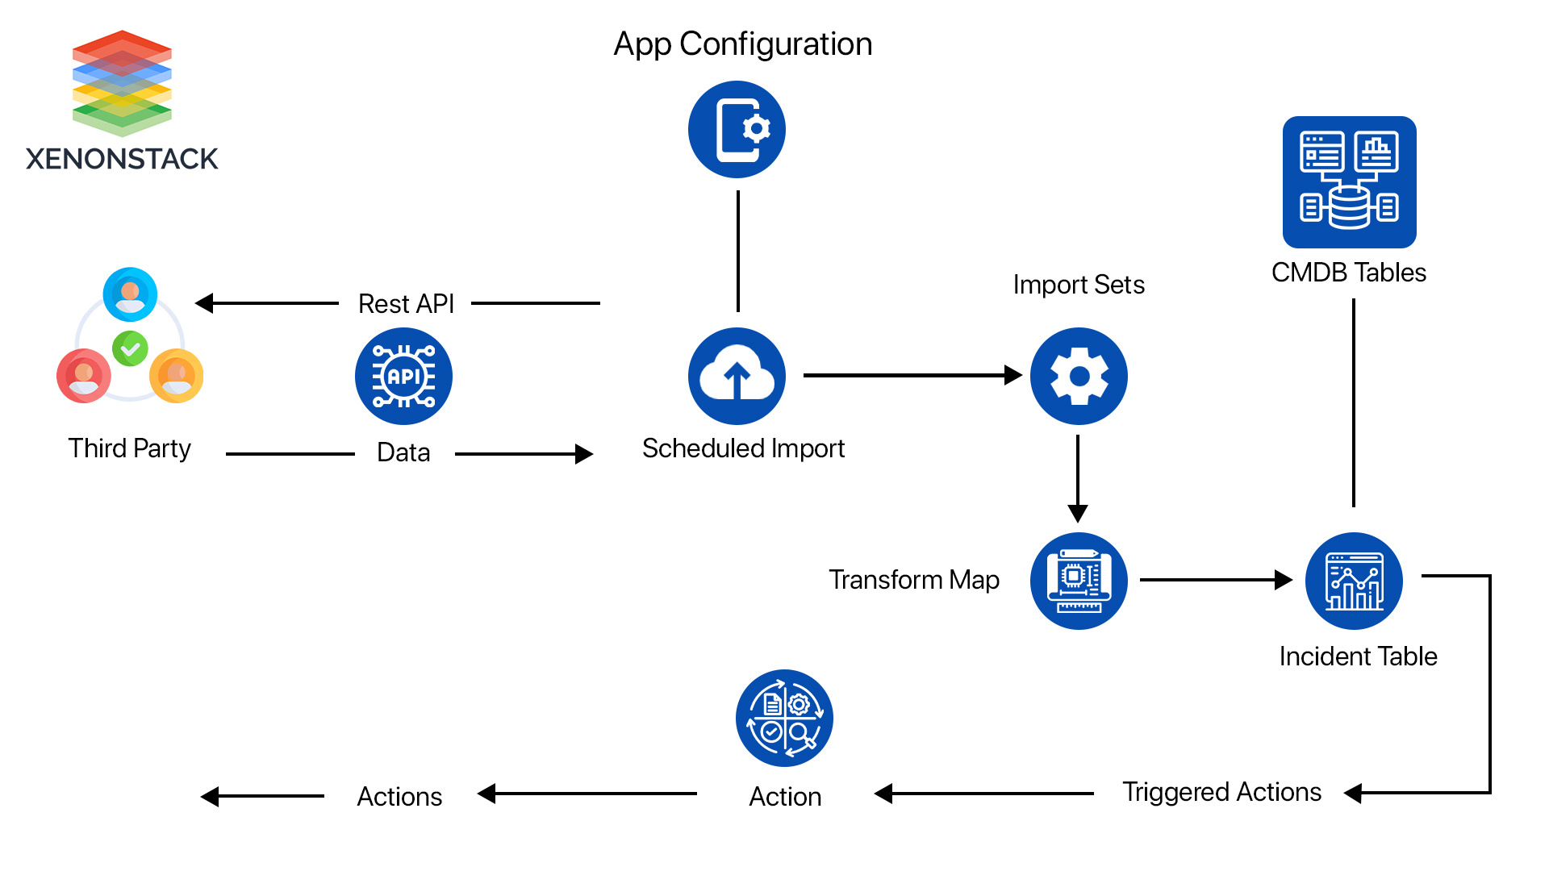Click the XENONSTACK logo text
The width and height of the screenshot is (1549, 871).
click(122, 159)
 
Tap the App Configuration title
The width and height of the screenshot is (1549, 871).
click(742, 44)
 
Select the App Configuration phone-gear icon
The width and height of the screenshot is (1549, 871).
click(737, 129)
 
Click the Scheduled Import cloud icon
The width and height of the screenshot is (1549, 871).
click(737, 376)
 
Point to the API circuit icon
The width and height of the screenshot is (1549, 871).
click(403, 376)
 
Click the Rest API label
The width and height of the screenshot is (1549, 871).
click(406, 304)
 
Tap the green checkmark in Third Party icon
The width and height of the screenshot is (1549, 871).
click(130, 349)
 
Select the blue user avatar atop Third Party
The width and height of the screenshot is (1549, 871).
click(130, 294)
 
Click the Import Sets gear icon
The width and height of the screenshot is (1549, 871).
click(1079, 376)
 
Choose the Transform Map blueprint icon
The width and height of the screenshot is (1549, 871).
click(1079, 581)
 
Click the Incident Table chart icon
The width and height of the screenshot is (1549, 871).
click(1354, 581)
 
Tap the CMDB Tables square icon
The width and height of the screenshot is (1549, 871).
click(1349, 182)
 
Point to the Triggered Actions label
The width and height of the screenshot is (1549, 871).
click(1221, 792)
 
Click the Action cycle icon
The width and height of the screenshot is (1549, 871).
click(784, 718)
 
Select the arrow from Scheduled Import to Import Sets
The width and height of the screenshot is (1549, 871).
click(912, 375)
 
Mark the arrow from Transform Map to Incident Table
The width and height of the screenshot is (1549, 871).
click(1215, 580)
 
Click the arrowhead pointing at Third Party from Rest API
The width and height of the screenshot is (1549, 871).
click(204, 303)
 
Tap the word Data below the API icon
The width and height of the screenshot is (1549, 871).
click(403, 452)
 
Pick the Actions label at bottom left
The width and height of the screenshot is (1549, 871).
click(399, 797)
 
